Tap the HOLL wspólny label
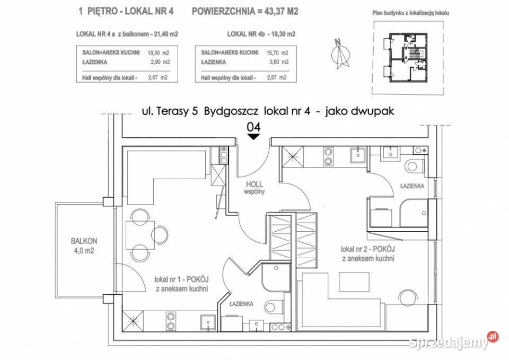pyautogui.click(x=254, y=188)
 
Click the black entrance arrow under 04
pyautogui.click(x=254, y=137)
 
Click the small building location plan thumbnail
pyautogui.click(x=408, y=58)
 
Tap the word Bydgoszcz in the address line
pyautogui.click(x=227, y=111)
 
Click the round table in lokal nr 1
pyautogui.click(x=139, y=234)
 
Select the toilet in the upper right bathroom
pyautogui.click(x=414, y=166)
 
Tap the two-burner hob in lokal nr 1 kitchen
pyautogui.click(x=171, y=321)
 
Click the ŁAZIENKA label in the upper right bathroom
pyautogui.click(x=411, y=186)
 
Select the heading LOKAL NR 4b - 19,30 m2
pyautogui.click(x=261, y=34)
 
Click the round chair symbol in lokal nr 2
pyautogui.click(x=409, y=298)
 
